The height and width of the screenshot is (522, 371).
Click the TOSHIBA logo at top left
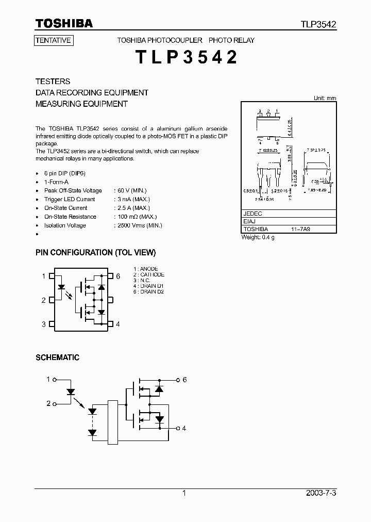pyautogui.click(x=64, y=23)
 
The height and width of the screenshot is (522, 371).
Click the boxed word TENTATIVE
pyautogui.click(x=54, y=40)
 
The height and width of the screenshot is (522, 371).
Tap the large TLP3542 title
pyautogui.click(x=187, y=57)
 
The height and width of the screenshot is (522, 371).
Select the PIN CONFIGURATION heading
pyautogui.click(x=95, y=253)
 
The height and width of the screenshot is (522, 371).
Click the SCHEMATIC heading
pyautogui.click(x=57, y=357)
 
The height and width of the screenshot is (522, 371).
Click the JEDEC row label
pyautogui.click(x=252, y=213)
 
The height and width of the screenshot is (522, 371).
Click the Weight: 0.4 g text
pyautogui.click(x=258, y=237)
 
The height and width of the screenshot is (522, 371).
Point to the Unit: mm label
pyautogui.click(x=325, y=98)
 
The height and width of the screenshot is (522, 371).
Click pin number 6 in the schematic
pyautogui.click(x=184, y=380)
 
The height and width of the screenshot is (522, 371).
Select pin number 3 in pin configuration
pyautogui.click(x=44, y=324)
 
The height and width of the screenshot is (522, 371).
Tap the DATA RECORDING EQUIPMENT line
pyautogui.click(x=92, y=93)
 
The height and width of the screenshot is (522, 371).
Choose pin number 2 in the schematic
pyautogui.click(x=48, y=403)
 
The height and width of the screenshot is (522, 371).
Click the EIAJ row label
pyautogui.click(x=250, y=221)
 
